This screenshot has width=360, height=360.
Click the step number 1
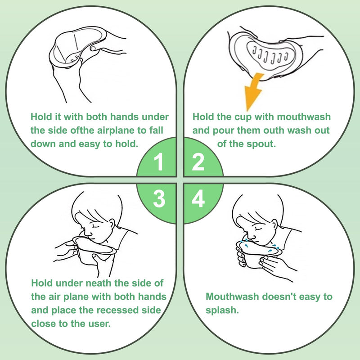click(159, 162)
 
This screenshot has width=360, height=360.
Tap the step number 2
click(198, 162)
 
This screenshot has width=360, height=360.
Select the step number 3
click(159, 199)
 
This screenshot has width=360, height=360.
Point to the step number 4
click(198, 199)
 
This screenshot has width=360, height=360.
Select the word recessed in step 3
click(109, 310)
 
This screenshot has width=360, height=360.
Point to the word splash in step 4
click(222, 310)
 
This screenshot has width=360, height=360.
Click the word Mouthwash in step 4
click(232, 297)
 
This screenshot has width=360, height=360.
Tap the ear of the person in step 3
click(112, 224)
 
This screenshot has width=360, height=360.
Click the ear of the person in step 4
click(274, 225)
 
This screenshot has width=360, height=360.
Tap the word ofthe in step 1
click(82, 130)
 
